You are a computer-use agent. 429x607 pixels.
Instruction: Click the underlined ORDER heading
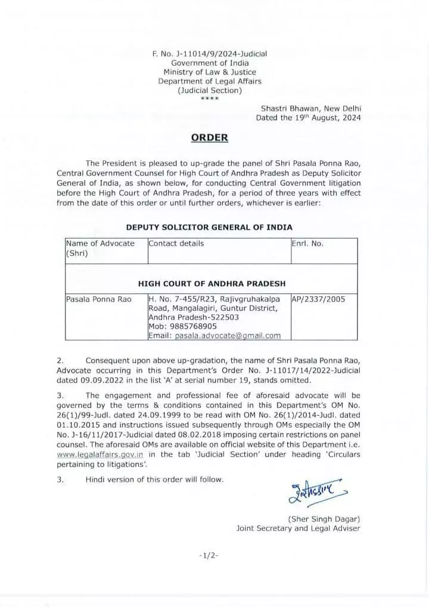[x=210, y=138]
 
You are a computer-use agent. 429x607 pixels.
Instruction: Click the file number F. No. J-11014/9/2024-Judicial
[x=210, y=54]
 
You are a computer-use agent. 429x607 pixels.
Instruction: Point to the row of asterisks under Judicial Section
[x=210, y=98]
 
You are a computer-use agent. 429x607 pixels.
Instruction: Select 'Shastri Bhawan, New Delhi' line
[x=311, y=109]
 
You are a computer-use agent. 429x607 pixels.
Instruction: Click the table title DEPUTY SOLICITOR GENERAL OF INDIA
[x=209, y=227]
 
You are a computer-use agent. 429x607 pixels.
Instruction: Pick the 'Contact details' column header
[x=176, y=243]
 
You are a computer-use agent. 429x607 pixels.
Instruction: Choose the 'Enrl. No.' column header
[x=307, y=243]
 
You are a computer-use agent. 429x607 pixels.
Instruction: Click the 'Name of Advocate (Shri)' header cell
[x=100, y=247]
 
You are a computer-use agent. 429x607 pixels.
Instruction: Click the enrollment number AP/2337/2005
[x=318, y=299]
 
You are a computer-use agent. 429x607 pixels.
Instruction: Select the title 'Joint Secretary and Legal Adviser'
[x=298, y=528]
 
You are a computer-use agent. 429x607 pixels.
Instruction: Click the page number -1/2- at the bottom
[x=209, y=556]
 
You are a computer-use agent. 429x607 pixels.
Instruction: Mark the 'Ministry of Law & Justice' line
[x=210, y=72]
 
